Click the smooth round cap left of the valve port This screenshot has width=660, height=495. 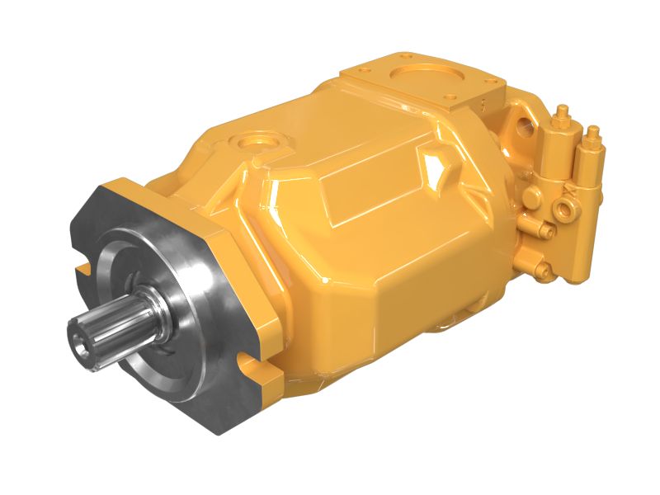[x=533, y=197]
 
